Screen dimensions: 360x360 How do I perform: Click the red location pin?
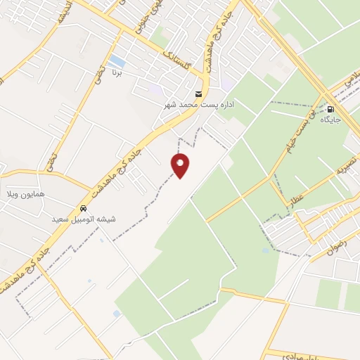pyautogui.click(x=181, y=165)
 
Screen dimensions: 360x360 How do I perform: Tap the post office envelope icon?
pyautogui.click(x=198, y=94)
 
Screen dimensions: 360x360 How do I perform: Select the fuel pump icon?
pyautogui.click(x=330, y=109)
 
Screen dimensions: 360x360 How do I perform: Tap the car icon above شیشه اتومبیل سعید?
pyautogui.click(x=84, y=208)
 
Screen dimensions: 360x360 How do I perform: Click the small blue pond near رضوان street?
pyautogui.click(x=266, y=250)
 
